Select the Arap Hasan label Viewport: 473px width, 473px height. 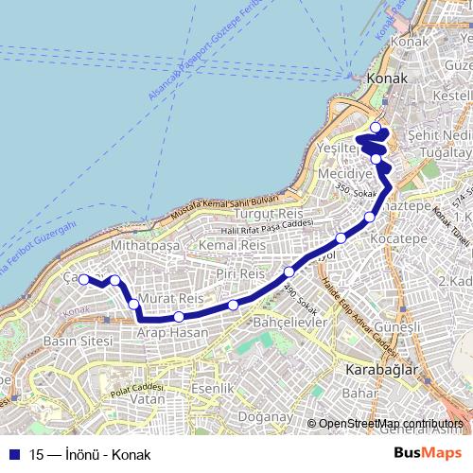[x=172, y=334]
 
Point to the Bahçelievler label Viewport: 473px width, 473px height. [x=290, y=323]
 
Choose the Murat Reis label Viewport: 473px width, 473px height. [x=171, y=299]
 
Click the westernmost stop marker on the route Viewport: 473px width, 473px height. [x=83, y=279]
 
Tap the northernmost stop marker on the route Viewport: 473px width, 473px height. [x=376, y=127]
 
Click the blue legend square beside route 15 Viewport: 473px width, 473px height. [x=15, y=453]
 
